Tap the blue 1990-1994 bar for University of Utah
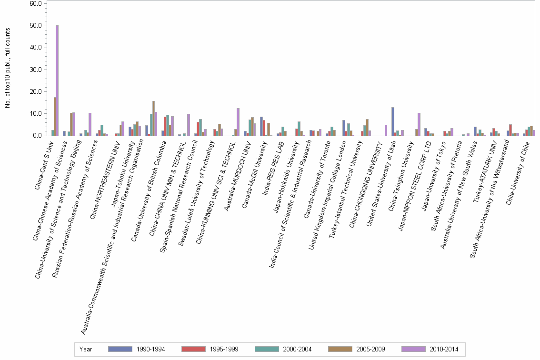(393, 121)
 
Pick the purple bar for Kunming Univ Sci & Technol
(238, 122)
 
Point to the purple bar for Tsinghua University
(419, 124)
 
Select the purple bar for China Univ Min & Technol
(189, 125)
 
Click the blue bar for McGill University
(261, 126)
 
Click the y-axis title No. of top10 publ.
(8, 68)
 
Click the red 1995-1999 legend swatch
(193, 350)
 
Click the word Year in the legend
(86, 350)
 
